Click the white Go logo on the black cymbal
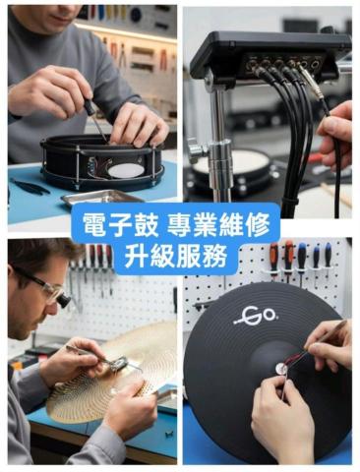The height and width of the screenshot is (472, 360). pyautogui.click(x=257, y=315)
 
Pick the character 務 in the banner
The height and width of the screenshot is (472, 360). pyautogui.click(x=214, y=256)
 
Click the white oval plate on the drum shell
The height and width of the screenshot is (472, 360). pyautogui.click(x=126, y=171)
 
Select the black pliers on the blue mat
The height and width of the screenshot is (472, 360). pyautogui.click(x=30, y=187)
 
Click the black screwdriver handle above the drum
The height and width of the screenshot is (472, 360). pyautogui.click(x=89, y=106)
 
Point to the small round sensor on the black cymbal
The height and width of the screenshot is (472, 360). pyautogui.click(x=281, y=370)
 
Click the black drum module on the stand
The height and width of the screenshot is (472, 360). pyautogui.click(x=269, y=56)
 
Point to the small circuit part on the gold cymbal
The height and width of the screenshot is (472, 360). pyautogui.click(x=119, y=363)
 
